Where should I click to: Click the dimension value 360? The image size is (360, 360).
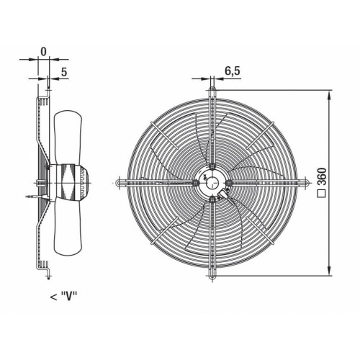click(323, 176)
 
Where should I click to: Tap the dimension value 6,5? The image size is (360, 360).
click(233, 71)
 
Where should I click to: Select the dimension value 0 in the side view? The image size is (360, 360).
click(43, 52)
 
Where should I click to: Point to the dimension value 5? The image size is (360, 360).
click(64, 72)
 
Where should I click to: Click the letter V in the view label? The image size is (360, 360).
click(69, 296)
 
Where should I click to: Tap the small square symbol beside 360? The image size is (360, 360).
click(323, 193)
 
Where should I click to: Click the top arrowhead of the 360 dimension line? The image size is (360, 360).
click(330, 96)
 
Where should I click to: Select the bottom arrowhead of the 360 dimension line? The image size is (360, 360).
click(330, 271)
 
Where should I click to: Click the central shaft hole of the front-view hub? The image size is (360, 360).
click(212, 183)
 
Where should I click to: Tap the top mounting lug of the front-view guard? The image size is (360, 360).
click(212, 91)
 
